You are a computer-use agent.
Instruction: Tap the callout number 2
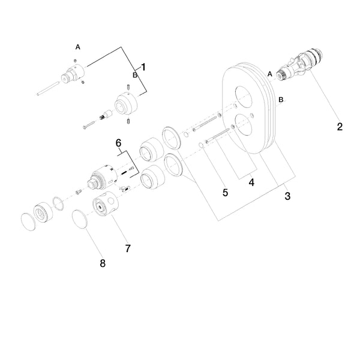tap(340, 127)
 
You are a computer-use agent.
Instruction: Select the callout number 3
tap(287, 196)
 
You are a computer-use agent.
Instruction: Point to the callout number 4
tap(252, 182)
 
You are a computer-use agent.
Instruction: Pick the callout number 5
tap(226, 193)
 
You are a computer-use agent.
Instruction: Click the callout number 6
tap(119, 143)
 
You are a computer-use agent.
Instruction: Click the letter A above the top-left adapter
tap(77, 46)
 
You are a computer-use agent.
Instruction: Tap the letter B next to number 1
tap(135, 75)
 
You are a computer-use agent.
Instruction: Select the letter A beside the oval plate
tap(271, 73)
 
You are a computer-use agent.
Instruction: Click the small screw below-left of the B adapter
tap(89, 125)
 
